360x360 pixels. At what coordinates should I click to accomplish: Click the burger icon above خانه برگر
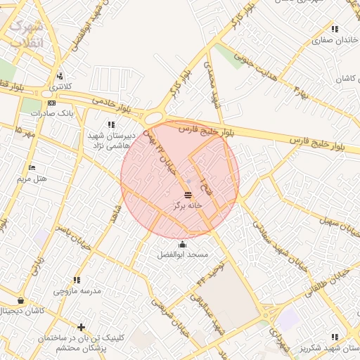[x=188, y=195]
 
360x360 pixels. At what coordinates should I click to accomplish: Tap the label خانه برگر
[x=188, y=206]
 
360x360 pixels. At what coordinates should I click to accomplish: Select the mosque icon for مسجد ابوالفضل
[x=184, y=244]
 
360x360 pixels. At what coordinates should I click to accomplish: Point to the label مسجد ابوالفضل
[x=183, y=255]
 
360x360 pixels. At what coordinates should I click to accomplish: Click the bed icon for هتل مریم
[x=32, y=167]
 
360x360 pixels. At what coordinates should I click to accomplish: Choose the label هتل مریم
[x=32, y=179]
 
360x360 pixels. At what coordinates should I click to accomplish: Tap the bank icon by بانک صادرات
[x=51, y=103]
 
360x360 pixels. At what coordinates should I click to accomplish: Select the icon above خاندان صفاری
[x=335, y=30]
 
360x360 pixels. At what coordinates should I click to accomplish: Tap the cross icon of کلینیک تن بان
[x=82, y=327]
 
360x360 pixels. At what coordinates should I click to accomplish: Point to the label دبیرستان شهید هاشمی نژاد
[x=105, y=139]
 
